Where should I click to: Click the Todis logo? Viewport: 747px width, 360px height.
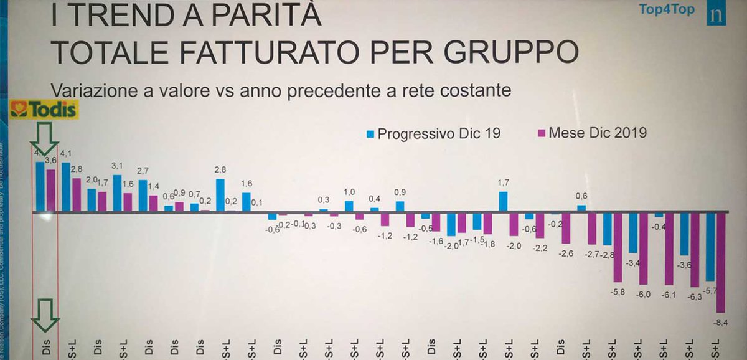click(44, 111)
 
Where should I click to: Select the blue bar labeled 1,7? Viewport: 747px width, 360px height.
click(503, 201)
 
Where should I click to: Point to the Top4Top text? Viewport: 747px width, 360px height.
click(667, 9)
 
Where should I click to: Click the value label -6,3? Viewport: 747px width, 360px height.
click(695, 296)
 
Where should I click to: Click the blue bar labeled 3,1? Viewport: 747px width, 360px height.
click(117, 193)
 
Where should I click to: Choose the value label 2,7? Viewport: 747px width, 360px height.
click(143, 171)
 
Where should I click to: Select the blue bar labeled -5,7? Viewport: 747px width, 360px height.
click(710, 246)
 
